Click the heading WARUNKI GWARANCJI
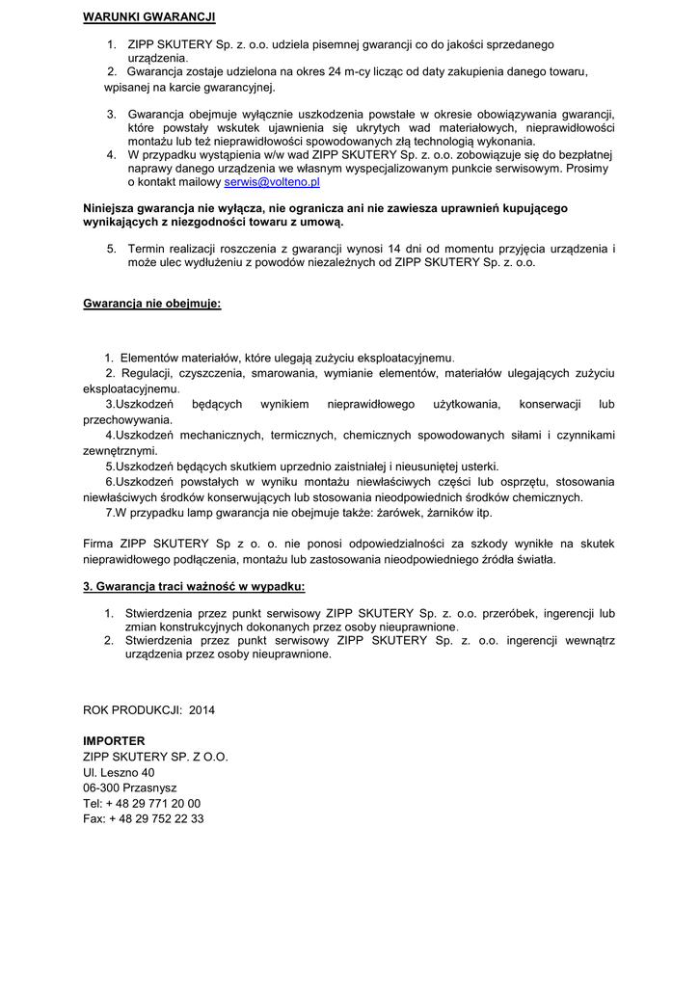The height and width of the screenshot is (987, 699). (148, 17)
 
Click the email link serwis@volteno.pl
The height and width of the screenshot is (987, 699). (272, 181)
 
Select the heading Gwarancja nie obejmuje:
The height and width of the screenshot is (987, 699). (151, 304)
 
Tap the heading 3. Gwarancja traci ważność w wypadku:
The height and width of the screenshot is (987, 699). (194, 586)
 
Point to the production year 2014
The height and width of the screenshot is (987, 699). (202, 710)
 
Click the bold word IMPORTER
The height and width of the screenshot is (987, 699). (114, 741)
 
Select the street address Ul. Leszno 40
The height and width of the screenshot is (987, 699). (119, 772)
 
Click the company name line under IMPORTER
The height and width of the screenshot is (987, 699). (155, 757)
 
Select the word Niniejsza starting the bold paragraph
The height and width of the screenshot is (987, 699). (110, 208)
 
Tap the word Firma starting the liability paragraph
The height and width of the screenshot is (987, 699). (99, 544)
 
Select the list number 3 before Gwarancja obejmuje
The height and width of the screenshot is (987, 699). (111, 114)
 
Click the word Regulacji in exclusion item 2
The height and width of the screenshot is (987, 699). (146, 373)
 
